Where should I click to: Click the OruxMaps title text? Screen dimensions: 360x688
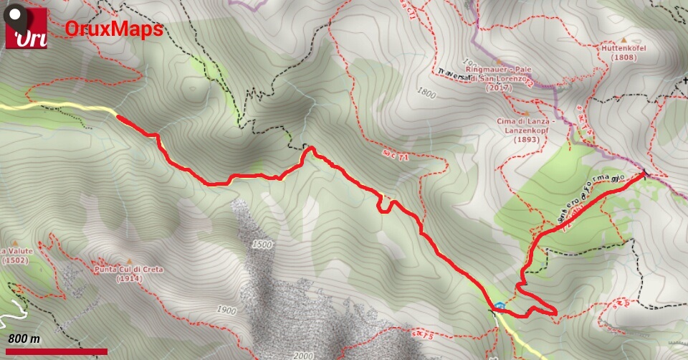(114, 29)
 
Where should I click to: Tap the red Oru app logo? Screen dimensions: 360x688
(27, 28)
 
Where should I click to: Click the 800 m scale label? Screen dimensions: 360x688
(24, 338)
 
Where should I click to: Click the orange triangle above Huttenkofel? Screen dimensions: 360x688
(623, 39)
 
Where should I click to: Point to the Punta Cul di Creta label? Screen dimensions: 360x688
(128, 270)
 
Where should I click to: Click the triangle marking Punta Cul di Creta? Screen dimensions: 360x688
(129, 261)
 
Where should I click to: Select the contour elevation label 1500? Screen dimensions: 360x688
(262, 245)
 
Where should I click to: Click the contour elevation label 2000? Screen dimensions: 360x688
(303, 356)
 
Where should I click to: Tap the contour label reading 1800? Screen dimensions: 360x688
(425, 93)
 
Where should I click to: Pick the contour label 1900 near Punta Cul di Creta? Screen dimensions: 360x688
(225, 311)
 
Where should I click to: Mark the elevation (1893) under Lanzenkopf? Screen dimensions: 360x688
(525, 140)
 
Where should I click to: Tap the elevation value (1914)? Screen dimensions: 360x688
(128, 278)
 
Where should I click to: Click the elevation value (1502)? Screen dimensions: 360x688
(14, 260)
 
